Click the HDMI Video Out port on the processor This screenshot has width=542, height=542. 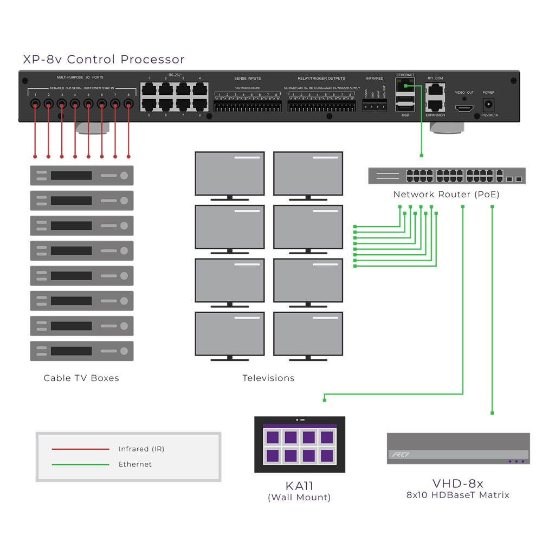click(x=463, y=108)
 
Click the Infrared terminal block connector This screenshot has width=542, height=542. click(x=374, y=105)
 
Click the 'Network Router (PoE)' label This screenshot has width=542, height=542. click(x=446, y=195)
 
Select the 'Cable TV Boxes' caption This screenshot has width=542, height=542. click(x=81, y=378)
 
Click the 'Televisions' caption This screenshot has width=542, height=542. click(x=268, y=378)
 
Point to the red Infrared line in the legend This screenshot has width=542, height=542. click(x=80, y=449)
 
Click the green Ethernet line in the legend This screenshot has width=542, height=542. click(x=80, y=464)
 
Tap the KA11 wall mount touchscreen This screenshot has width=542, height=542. click(x=299, y=444)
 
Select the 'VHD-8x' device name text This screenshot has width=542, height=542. click(x=457, y=483)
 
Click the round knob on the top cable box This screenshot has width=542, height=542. click(x=124, y=176)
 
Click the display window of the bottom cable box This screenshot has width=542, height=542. click(x=71, y=351)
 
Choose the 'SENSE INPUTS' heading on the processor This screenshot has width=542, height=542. click(x=247, y=79)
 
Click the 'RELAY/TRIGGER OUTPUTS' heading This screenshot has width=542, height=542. click(x=321, y=79)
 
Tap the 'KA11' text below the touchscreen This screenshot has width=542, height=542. click(x=299, y=486)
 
